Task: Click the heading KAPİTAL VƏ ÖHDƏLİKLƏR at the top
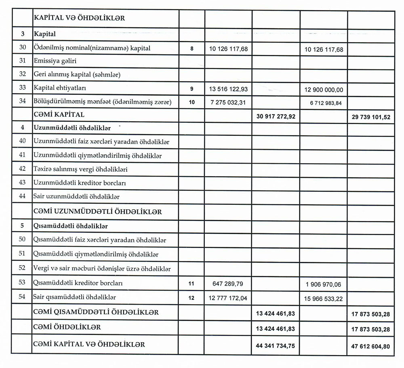(x=80, y=18)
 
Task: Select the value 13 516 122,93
(x=229, y=88)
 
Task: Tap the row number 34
(x=23, y=103)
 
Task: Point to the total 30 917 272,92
(x=276, y=116)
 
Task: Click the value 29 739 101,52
(x=371, y=117)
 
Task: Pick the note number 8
(x=191, y=48)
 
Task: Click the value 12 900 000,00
(x=323, y=88)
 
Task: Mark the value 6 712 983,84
(x=324, y=103)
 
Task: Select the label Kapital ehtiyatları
(x=60, y=88)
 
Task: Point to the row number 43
(x=23, y=183)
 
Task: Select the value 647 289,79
(x=229, y=284)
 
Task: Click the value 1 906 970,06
(x=324, y=284)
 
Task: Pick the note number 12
(x=191, y=298)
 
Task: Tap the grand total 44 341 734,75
(x=276, y=346)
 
